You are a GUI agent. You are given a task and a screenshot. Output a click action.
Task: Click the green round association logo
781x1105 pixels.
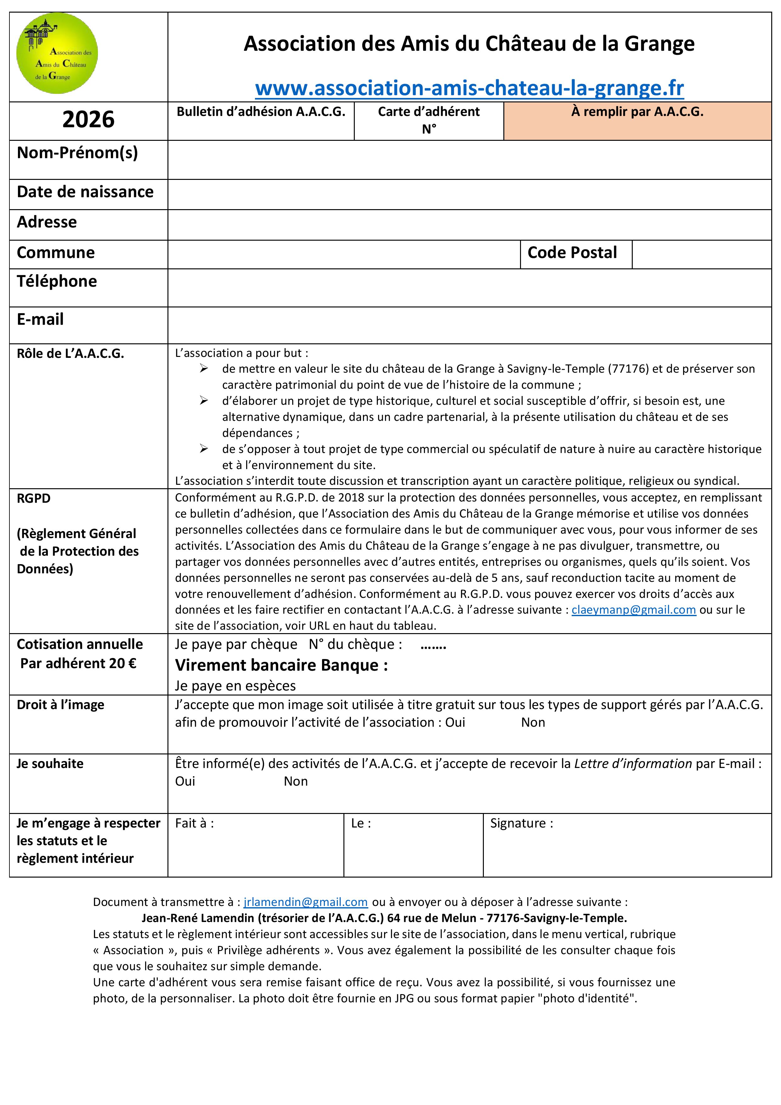click(57, 53)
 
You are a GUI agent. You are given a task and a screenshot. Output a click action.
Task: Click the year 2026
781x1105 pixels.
click(88, 119)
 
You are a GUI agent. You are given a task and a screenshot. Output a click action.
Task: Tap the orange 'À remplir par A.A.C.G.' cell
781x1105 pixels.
click(637, 121)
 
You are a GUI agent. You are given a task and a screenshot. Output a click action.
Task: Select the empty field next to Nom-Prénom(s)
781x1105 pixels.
click(469, 160)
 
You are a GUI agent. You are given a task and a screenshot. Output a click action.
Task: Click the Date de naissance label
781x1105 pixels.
click(85, 192)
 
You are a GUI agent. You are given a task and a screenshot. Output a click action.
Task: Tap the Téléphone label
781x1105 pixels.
click(57, 281)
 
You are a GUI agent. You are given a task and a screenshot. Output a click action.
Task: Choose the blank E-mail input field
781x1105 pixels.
click(469, 325)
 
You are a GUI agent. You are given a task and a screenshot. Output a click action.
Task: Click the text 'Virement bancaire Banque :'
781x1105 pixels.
click(281, 665)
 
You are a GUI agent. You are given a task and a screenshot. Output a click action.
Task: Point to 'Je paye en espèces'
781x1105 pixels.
click(235, 686)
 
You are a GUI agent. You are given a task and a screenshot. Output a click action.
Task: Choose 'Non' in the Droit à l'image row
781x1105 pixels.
click(533, 722)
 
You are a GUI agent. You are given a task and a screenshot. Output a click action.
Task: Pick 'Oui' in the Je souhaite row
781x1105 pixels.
click(185, 781)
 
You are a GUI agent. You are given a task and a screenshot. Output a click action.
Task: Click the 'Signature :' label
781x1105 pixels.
click(521, 823)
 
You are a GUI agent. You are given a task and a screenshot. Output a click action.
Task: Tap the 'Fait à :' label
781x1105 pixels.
click(194, 823)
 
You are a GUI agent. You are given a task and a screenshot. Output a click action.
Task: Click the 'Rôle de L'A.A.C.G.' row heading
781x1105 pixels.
click(70, 354)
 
